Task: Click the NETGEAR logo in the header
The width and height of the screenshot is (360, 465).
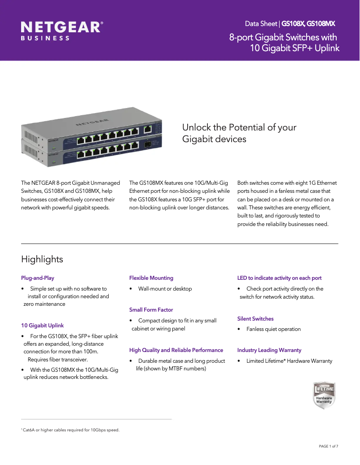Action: (x=62, y=27)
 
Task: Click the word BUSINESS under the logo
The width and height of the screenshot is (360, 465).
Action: (x=45, y=39)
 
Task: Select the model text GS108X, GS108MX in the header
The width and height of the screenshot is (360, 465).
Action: (x=308, y=23)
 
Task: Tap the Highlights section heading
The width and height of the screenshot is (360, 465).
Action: (x=42, y=259)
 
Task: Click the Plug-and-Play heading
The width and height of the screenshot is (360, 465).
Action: (x=38, y=278)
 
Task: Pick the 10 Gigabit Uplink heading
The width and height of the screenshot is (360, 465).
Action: (x=43, y=326)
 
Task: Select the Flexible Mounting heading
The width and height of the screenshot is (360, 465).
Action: (x=151, y=278)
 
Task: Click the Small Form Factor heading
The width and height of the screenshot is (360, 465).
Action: (x=151, y=310)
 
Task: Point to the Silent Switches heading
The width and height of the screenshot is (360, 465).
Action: (x=255, y=319)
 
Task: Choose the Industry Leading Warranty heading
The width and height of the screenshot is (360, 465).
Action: (x=269, y=350)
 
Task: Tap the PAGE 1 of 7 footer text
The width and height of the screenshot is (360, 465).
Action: (x=328, y=446)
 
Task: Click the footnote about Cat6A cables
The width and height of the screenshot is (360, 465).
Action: (x=70, y=430)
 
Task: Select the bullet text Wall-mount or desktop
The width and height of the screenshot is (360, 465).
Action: (x=165, y=289)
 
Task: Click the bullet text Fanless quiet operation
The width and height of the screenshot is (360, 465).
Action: (x=273, y=329)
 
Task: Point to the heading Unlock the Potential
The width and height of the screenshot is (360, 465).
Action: (x=239, y=133)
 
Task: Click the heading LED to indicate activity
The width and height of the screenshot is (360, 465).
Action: (x=279, y=278)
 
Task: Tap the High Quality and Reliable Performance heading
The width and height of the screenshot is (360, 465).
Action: (x=176, y=350)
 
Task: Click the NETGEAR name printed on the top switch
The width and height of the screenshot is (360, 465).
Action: (x=92, y=122)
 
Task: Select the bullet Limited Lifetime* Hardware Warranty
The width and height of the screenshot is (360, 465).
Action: (x=289, y=361)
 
